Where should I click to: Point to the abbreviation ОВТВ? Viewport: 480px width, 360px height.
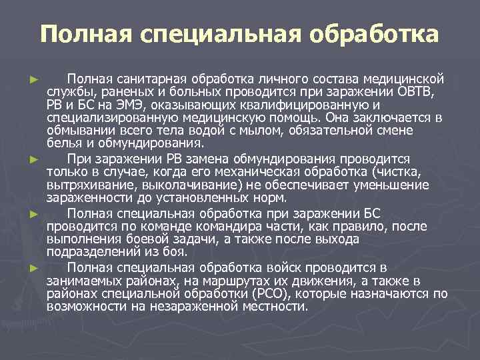(411, 91)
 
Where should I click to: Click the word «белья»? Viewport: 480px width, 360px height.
(62, 143)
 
